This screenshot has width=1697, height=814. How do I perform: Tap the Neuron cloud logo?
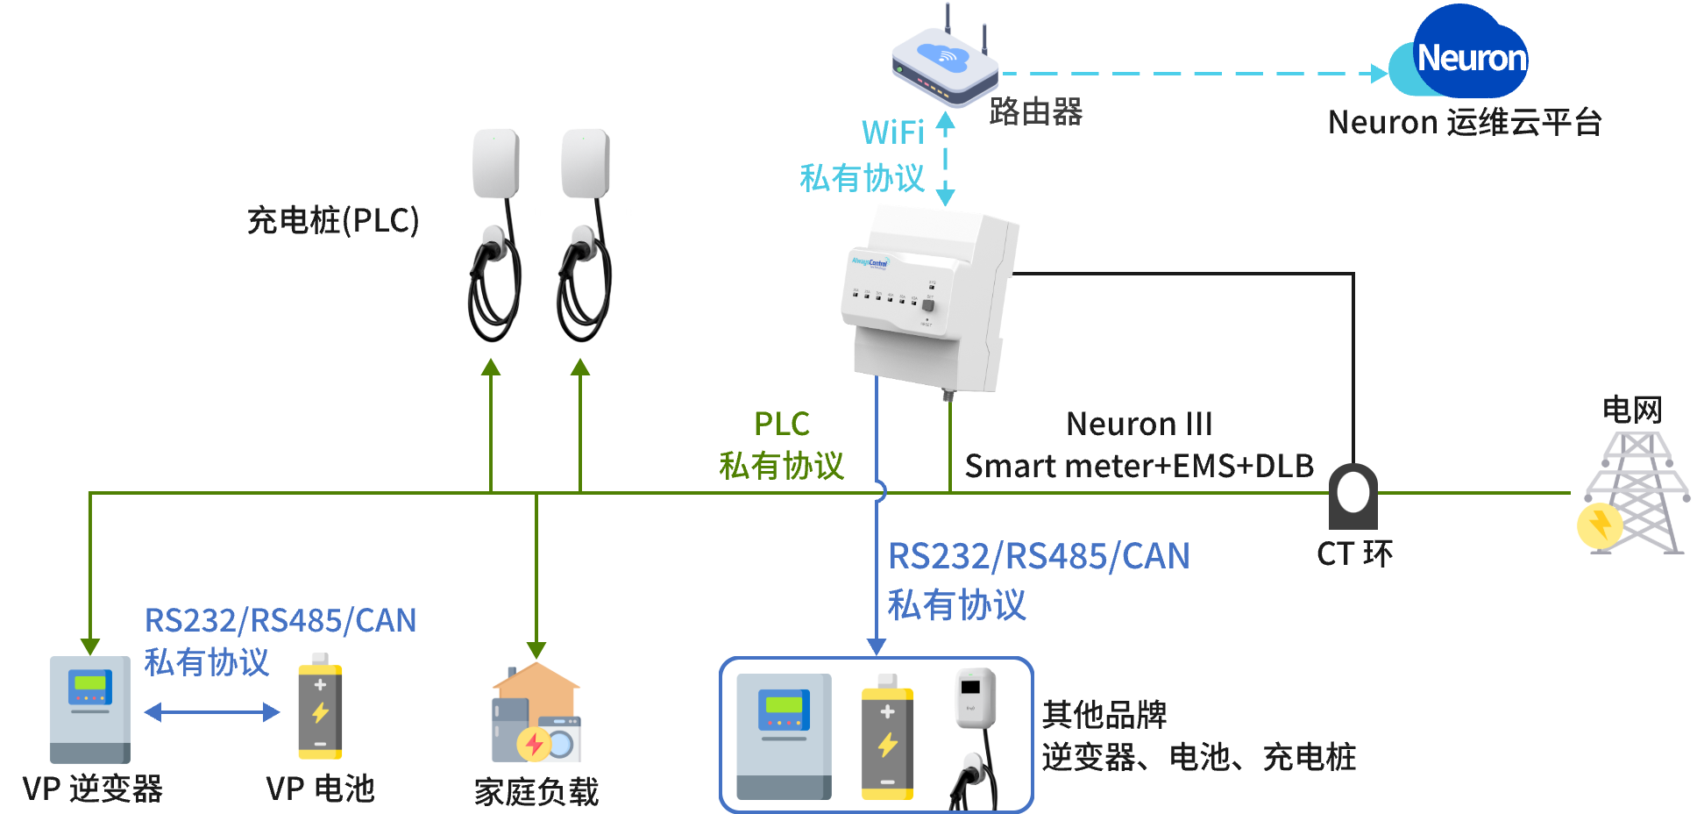(x=1460, y=54)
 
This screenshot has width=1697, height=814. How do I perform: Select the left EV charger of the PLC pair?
(x=495, y=232)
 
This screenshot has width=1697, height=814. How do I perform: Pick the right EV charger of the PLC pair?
(x=585, y=232)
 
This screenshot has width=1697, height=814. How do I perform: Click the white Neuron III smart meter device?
(x=929, y=298)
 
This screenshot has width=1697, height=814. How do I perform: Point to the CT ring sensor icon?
(x=1353, y=496)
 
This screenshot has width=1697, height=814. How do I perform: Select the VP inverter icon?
(x=90, y=709)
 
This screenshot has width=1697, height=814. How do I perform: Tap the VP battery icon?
(x=320, y=707)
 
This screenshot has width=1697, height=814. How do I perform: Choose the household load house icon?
(x=536, y=712)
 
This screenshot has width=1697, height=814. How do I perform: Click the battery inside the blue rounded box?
(x=887, y=737)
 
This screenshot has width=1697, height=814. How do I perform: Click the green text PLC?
(x=781, y=425)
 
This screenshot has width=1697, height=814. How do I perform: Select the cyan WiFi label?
(x=892, y=133)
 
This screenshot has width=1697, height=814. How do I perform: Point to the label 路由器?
(x=1036, y=112)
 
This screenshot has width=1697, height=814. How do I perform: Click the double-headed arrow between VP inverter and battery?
(x=212, y=711)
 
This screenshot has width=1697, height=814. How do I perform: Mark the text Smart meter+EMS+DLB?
(x=1140, y=466)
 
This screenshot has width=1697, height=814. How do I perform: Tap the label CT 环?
(x=1354, y=554)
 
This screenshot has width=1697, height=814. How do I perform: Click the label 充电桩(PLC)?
(x=333, y=220)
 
